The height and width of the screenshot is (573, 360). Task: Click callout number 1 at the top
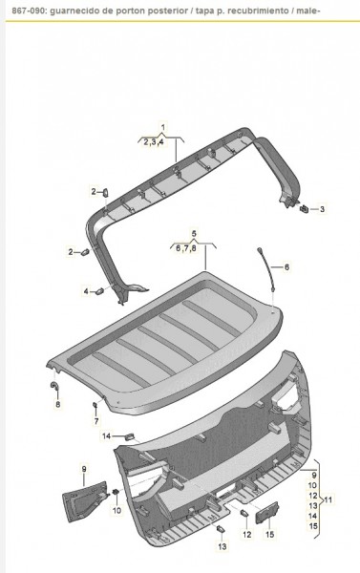pos(162,128)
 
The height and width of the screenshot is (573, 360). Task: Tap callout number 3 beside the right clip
pos(322,208)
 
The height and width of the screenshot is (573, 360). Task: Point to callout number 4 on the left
pos(86,291)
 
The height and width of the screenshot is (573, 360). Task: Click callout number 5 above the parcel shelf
pos(193,234)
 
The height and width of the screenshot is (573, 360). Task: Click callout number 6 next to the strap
pos(285,267)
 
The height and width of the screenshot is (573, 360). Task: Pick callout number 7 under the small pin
pos(95,420)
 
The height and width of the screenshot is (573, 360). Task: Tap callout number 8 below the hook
pos(57,405)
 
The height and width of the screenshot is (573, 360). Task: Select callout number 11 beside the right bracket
pos(328,499)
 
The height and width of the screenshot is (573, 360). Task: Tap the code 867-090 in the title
pos(19,10)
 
